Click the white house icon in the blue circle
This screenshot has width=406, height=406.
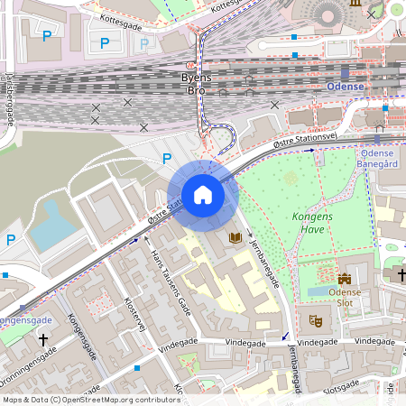click(x=202, y=194)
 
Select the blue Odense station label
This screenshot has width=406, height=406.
click(x=345, y=87)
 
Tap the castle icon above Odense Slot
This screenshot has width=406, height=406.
click(x=345, y=280)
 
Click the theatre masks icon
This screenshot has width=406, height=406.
click(x=316, y=320)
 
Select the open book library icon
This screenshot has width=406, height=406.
click(x=235, y=237)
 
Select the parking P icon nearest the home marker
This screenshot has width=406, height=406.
click(x=166, y=158)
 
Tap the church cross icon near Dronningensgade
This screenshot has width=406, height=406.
click(x=42, y=339)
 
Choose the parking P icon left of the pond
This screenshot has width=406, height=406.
click(x=11, y=240)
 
